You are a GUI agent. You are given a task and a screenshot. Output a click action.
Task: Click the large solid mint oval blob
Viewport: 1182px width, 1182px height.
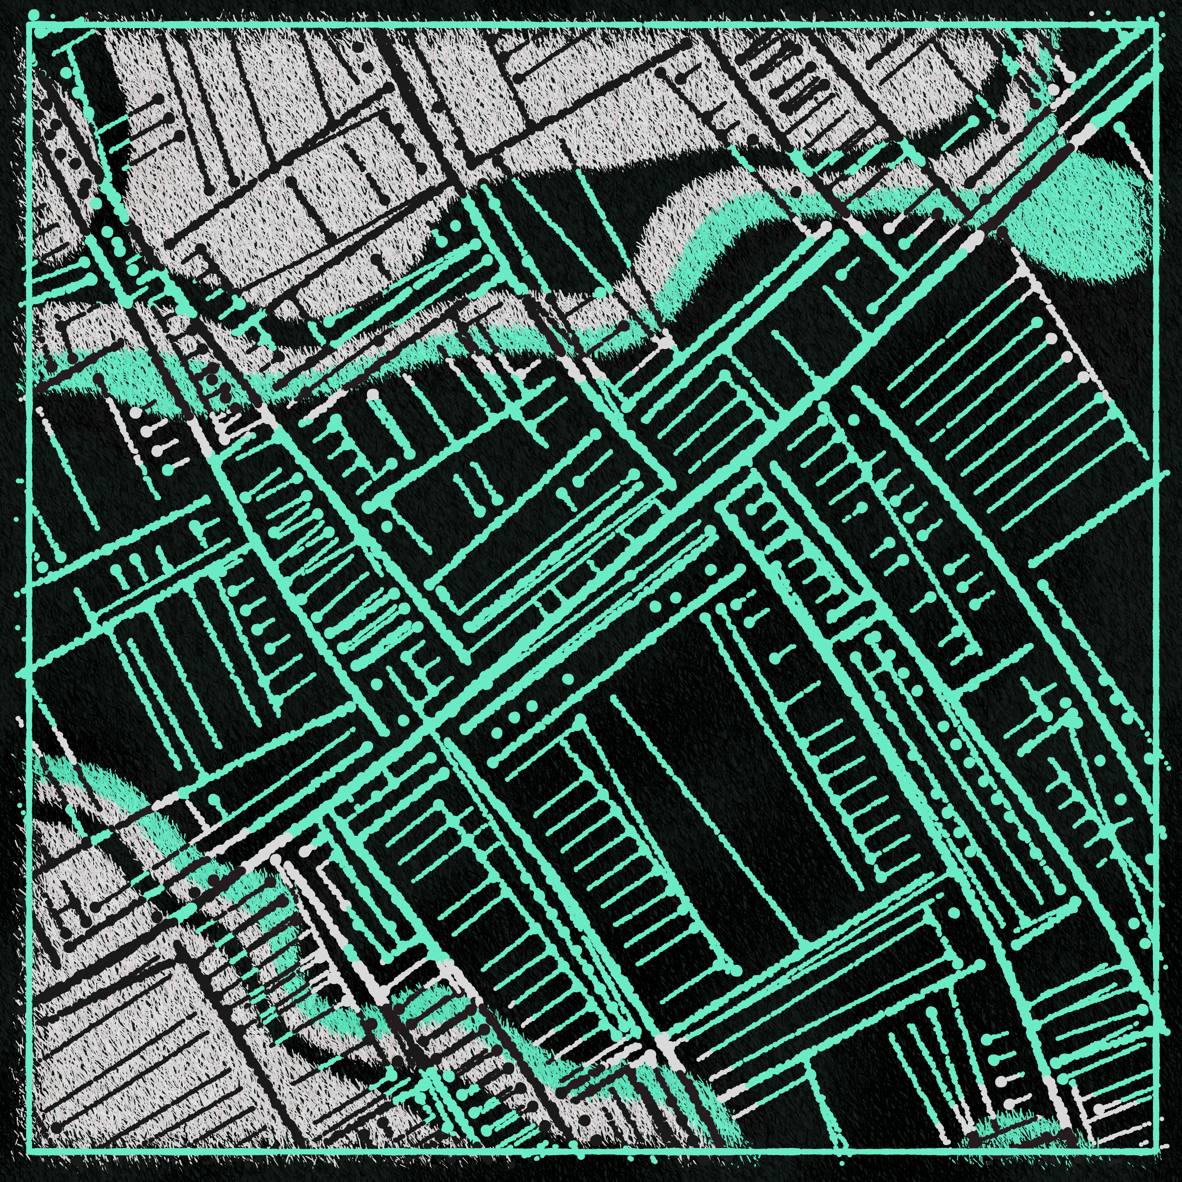point(1077,220)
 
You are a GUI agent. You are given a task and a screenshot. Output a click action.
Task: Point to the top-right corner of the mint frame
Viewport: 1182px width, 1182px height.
point(1156,25)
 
